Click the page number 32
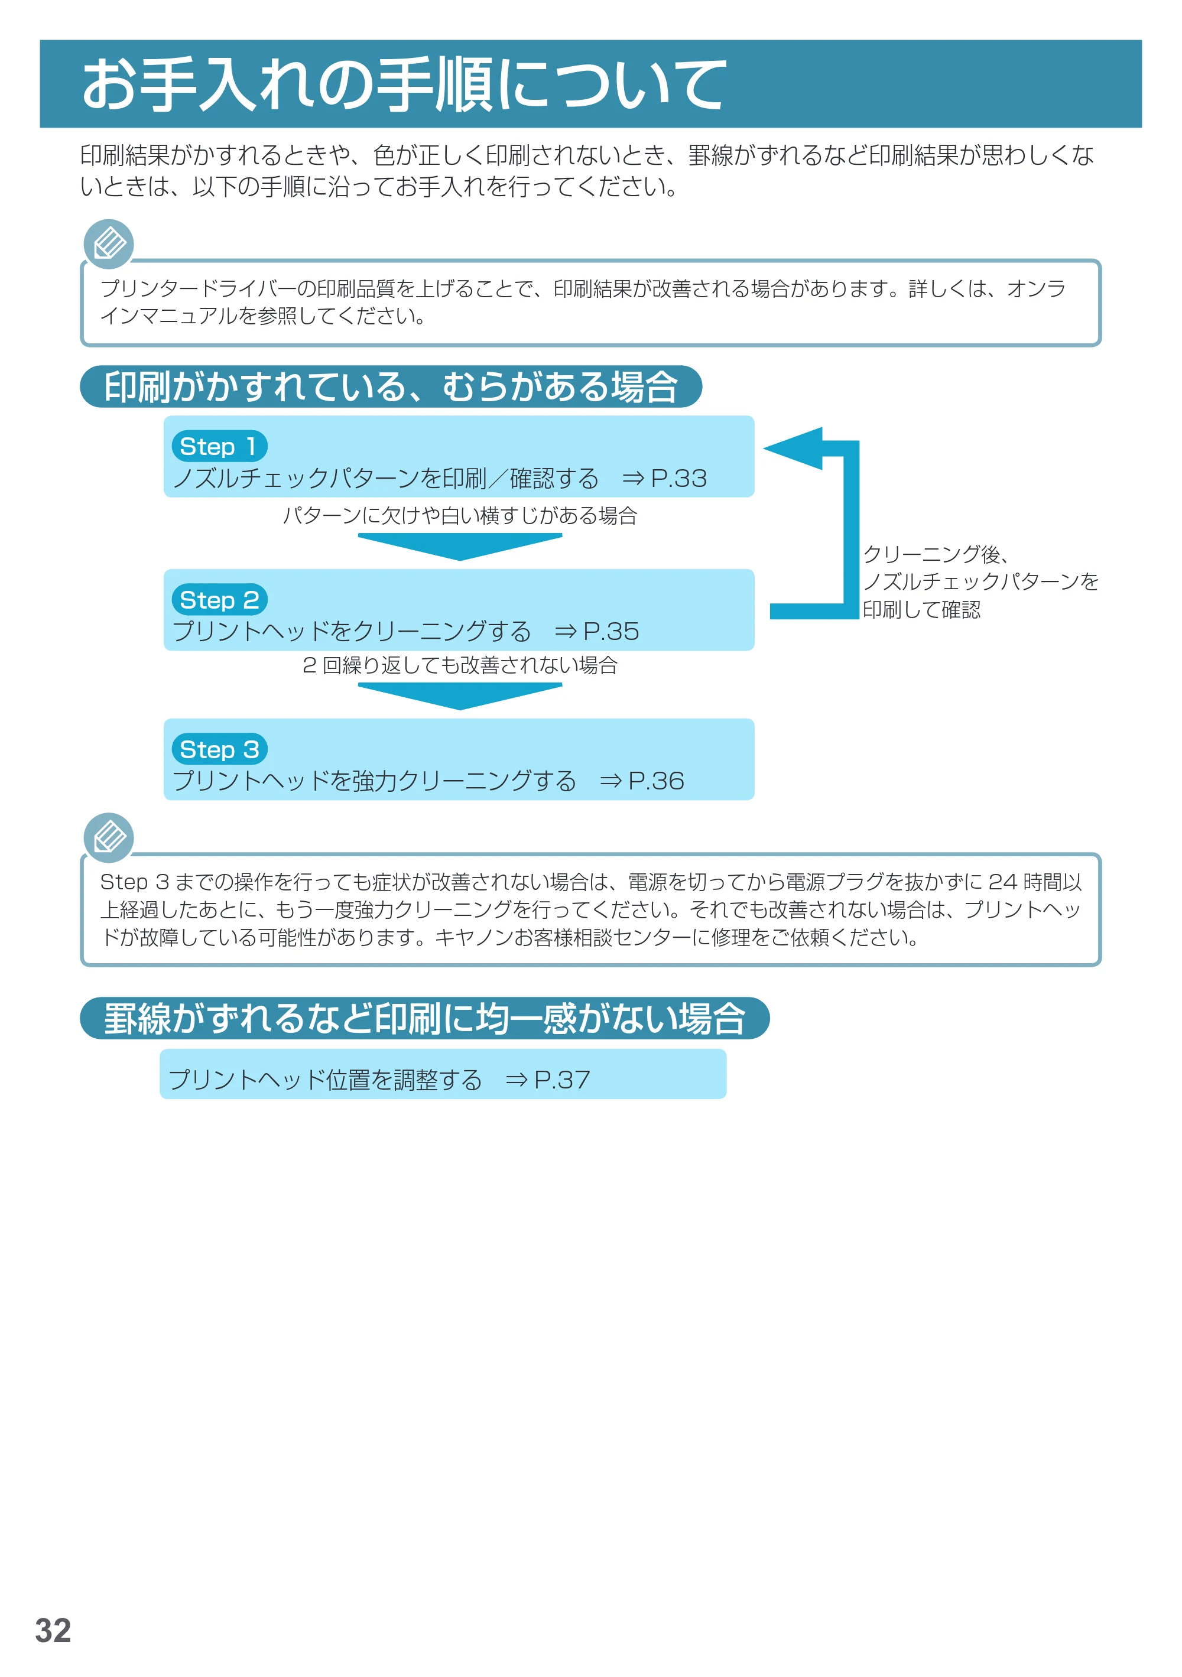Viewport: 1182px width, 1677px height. pyautogui.click(x=53, y=1630)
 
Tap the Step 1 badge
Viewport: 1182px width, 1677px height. pyautogui.click(x=219, y=446)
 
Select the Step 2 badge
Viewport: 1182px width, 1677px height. pyautogui.click(x=219, y=600)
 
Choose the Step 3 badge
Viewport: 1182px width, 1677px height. pyautogui.click(x=219, y=749)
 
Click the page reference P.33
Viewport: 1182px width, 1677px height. pyautogui.click(x=678, y=479)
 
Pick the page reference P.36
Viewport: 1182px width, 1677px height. pyautogui.click(x=656, y=781)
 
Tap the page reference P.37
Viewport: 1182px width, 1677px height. pyautogui.click(x=562, y=1080)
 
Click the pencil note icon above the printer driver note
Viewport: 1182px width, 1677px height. pyautogui.click(x=109, y=244)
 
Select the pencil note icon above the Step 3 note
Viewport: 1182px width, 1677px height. pyautogui.click(x=109, y=838)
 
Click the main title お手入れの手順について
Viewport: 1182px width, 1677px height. pyautogui.click(x=404, y=84)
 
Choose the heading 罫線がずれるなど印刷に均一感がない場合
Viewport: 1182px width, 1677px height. pyautogui.click(x=424, y=1018)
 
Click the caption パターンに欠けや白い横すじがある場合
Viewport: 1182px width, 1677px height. pyautogui.click(x=460, y=516)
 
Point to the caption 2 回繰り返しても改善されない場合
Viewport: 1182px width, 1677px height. pyautogui.click(x=460, y=665)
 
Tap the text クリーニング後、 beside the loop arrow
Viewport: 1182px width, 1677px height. pyautogui.click(x=937, y=554)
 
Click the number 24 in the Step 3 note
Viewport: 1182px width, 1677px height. pyautogui.click(x=1003, y=882)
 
